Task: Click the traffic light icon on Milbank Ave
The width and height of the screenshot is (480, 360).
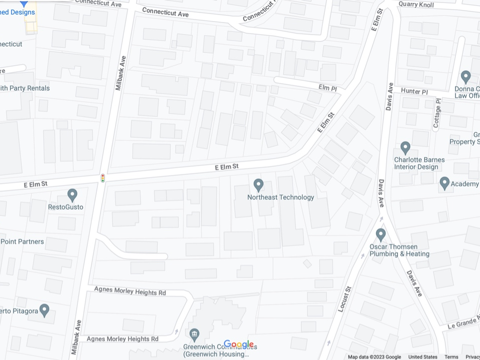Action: [x=103, y=178]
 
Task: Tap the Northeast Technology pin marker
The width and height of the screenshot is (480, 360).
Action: [x=259, y=185]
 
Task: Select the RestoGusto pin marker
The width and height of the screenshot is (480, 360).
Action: [x=72, y=195]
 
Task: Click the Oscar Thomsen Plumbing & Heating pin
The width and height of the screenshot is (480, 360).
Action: [x=381, y=234]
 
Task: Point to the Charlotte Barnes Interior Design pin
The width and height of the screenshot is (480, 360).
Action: [x=406, y=148]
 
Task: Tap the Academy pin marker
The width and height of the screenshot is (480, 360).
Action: [x=444, y=183]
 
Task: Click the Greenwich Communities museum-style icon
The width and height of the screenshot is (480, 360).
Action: [x=195, y=334]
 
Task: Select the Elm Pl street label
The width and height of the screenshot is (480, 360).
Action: [x=327, y=88]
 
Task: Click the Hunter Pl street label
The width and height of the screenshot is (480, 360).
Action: [x=414, y=92]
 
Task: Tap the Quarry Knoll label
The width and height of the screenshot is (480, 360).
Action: [x=416, y=5]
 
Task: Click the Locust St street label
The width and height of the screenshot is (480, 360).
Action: [x=345, y=299]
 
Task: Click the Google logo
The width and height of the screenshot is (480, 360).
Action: [x=238, y=344]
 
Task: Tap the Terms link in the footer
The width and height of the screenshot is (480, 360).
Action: [x=451, y=357]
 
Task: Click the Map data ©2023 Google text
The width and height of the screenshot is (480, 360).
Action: [x=375, y=357]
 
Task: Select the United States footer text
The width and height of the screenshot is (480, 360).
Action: [x=423, y=357]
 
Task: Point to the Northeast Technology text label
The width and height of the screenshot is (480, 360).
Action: [x=281, y=197]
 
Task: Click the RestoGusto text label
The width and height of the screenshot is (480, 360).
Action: [x=66, y=207]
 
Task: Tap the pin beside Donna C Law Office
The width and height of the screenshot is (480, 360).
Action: [x=466, y=77]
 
